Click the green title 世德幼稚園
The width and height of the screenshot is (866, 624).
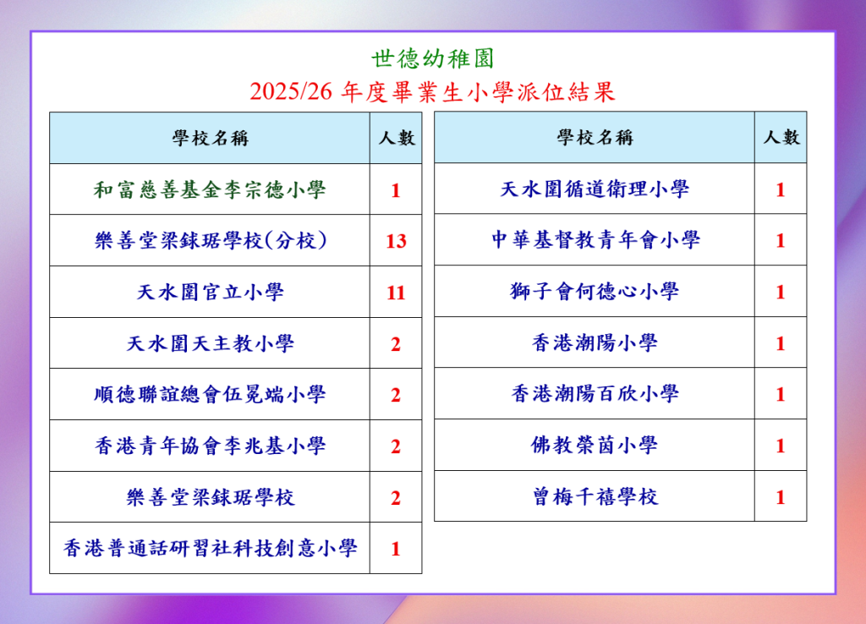[x=432, y=58]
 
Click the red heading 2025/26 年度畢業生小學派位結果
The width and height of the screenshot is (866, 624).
[x=432, y=91]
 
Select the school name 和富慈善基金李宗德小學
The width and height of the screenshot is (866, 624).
[x=210, y=189]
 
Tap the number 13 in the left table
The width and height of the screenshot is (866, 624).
[x=396, y=241]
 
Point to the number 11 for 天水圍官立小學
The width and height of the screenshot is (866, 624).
[x=396, y=292]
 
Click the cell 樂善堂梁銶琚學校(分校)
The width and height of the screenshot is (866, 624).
[x=211, y=240]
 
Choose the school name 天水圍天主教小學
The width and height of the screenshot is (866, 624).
[x=210, y=343]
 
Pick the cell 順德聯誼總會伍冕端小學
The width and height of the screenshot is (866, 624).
[x=210, y=394]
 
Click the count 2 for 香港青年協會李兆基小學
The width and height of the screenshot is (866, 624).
[x=396, y=446]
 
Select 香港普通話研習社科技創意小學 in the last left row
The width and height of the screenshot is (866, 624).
[x=210, y=548]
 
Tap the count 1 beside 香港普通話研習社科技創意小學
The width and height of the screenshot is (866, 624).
[x=396, y=549]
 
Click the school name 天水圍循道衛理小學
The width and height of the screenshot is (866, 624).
[x=595, y=189]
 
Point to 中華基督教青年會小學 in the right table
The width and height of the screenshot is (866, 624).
[x=595, y=239]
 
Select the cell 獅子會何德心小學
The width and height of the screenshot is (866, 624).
[x=595, y=291]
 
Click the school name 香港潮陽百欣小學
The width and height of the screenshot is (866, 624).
[x=595, y=394]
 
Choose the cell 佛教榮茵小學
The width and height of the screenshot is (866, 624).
[x=595, y=445]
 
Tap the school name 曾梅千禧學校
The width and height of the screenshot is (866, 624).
[x=595, y=496]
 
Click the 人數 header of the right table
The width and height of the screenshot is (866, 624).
[x=781, y=137]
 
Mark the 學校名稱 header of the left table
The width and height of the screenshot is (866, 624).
[x=210, y=138]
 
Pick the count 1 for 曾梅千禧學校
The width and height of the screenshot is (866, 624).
[x=781, y=497]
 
